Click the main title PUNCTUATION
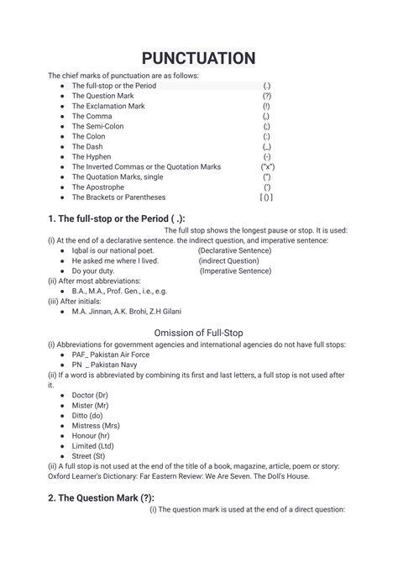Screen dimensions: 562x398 click(x=198, y=58)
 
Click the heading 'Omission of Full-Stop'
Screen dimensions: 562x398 click(x=199, y=334)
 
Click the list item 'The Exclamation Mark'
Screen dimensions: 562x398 click(x=108, y=107)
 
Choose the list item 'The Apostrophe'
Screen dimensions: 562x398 click(x=98, y=187)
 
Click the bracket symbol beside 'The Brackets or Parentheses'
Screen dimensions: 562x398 click(x=265, y=197)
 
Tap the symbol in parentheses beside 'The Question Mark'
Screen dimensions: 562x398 click(x=266, y=97)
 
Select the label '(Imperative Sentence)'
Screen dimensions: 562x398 click(x=235, y=271)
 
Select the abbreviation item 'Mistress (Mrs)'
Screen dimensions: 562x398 click(x=97, y=425)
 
